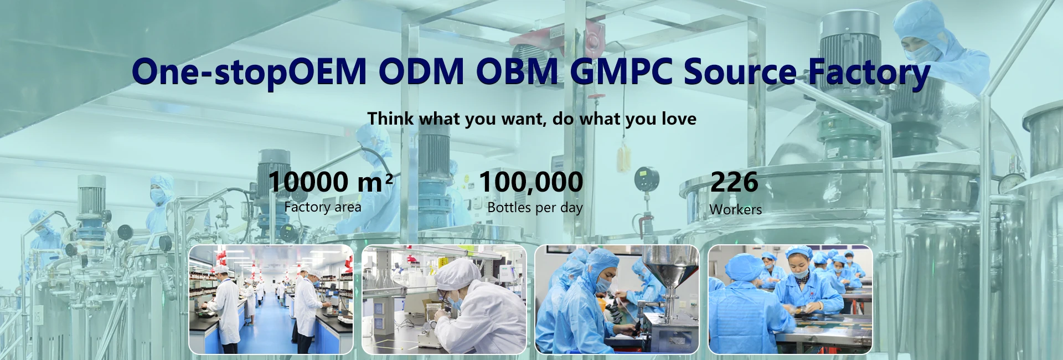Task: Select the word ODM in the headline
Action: coord(421,71)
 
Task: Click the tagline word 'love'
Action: coord(679,119)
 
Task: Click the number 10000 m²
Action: coord(331,182)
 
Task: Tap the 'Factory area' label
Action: coord(323,207)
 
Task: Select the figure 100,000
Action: coord(531,182)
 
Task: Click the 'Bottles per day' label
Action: coord(535,208)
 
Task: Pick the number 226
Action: coord(734,182)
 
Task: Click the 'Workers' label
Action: coord(736,209)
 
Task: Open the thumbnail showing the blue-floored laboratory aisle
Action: coord(271,299)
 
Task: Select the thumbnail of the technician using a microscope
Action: coord(444,299)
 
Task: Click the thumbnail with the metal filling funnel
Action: coord(617,299)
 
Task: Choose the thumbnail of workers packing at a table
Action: coord(790,299)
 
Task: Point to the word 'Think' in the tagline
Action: coord(390,118)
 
